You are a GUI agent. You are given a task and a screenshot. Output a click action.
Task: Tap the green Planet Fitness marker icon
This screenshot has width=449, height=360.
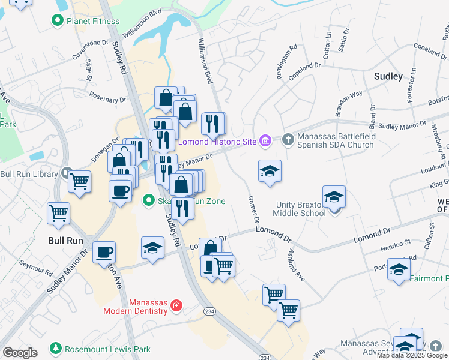(x=58, y=21)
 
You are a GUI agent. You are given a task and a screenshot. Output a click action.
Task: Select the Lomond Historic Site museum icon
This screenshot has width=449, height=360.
(x=265, y=141)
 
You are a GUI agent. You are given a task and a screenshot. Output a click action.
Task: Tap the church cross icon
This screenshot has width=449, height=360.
(x=288, y=140)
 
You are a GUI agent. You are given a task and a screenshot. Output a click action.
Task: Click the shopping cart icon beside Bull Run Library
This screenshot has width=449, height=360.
(x=79, y=181)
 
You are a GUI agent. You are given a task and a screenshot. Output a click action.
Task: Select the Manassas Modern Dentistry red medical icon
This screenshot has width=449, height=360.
(x=176, y=305)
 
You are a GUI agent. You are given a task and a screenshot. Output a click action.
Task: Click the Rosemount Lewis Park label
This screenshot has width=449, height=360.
(x=99, y=348)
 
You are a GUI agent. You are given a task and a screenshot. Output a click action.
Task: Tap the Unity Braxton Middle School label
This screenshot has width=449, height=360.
(x=300, y=208)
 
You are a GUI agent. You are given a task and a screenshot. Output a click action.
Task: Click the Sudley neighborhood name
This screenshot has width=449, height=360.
(x=388, y=76)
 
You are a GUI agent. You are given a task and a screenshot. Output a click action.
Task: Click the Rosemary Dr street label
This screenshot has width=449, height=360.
(x=107, y=97)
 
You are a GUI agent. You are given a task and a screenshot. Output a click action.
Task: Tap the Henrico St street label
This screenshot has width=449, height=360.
(x=394, y=244)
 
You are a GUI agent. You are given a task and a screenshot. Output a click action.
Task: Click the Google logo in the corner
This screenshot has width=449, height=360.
(x=20, y=353)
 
